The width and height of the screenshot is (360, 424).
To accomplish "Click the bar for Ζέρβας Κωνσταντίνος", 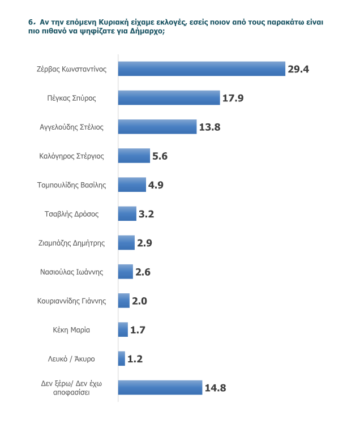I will tap(201, 68).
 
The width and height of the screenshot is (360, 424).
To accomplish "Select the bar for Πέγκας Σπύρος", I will tap(169, 98).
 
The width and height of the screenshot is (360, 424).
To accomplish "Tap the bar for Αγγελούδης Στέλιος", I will tap(157, 127).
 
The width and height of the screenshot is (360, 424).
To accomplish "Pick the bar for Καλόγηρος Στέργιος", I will tap(134, 156).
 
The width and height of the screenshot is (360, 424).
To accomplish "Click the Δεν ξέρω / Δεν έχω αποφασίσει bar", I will tap(160, 387).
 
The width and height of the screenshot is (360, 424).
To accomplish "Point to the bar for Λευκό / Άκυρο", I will tap(122, 358).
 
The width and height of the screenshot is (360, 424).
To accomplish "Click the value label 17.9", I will tap(233, 98).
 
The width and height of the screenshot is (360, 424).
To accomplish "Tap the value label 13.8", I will tap(209, 127).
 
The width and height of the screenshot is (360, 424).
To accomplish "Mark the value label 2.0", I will tap(140, 301).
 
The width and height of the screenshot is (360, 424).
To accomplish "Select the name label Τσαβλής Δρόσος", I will tap(72, 214).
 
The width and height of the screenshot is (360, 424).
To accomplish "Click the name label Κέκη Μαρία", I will tap(72, 330).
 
